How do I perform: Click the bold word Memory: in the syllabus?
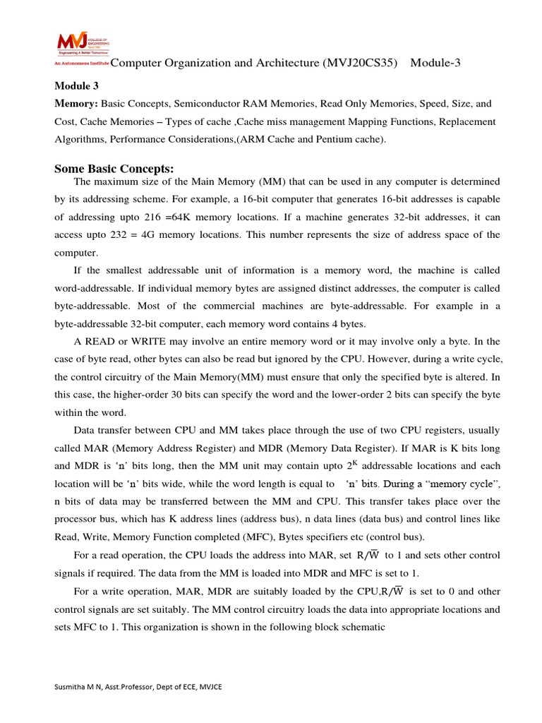76,103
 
